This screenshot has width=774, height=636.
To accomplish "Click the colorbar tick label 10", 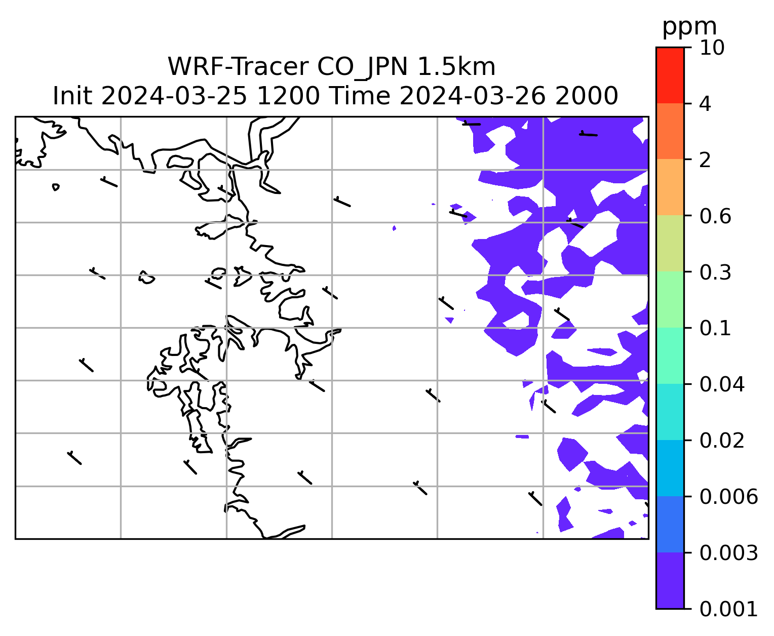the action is click(712, 48).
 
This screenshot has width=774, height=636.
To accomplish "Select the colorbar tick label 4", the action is click(705, 104).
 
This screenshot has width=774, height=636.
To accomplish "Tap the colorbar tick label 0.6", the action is click(715, 216).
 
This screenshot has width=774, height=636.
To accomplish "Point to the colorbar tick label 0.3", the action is click(715, 272).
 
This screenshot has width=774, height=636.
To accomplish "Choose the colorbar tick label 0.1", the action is click(715, 328).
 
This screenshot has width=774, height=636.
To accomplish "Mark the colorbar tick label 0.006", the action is click(728, 497).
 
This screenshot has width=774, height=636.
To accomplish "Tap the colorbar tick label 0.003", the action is click(728, 553).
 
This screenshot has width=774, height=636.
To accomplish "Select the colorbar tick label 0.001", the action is click(728, 609).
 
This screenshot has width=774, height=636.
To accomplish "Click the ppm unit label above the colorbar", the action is click(689, 28).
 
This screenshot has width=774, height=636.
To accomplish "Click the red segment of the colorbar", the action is click(670, 75).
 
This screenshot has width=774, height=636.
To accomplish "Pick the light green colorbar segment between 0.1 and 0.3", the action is click(670, 300).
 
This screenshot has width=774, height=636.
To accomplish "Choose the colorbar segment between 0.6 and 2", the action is click(670, 187).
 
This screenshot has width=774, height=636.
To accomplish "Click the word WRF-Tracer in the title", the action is click(238, 67).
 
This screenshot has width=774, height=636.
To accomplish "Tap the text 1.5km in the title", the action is click(456, 67).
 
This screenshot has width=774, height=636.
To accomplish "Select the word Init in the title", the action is click(72, 96).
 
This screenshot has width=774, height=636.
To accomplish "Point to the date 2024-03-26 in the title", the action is click(472, 96).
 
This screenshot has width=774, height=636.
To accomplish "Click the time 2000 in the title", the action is click(587, 96).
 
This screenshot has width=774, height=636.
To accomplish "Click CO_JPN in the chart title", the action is click(363, 68).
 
